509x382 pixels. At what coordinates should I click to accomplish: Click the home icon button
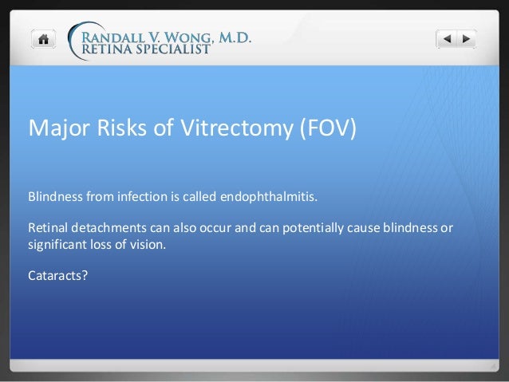43,38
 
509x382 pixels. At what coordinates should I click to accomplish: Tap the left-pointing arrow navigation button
447,38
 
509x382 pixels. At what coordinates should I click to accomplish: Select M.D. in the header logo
231,33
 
